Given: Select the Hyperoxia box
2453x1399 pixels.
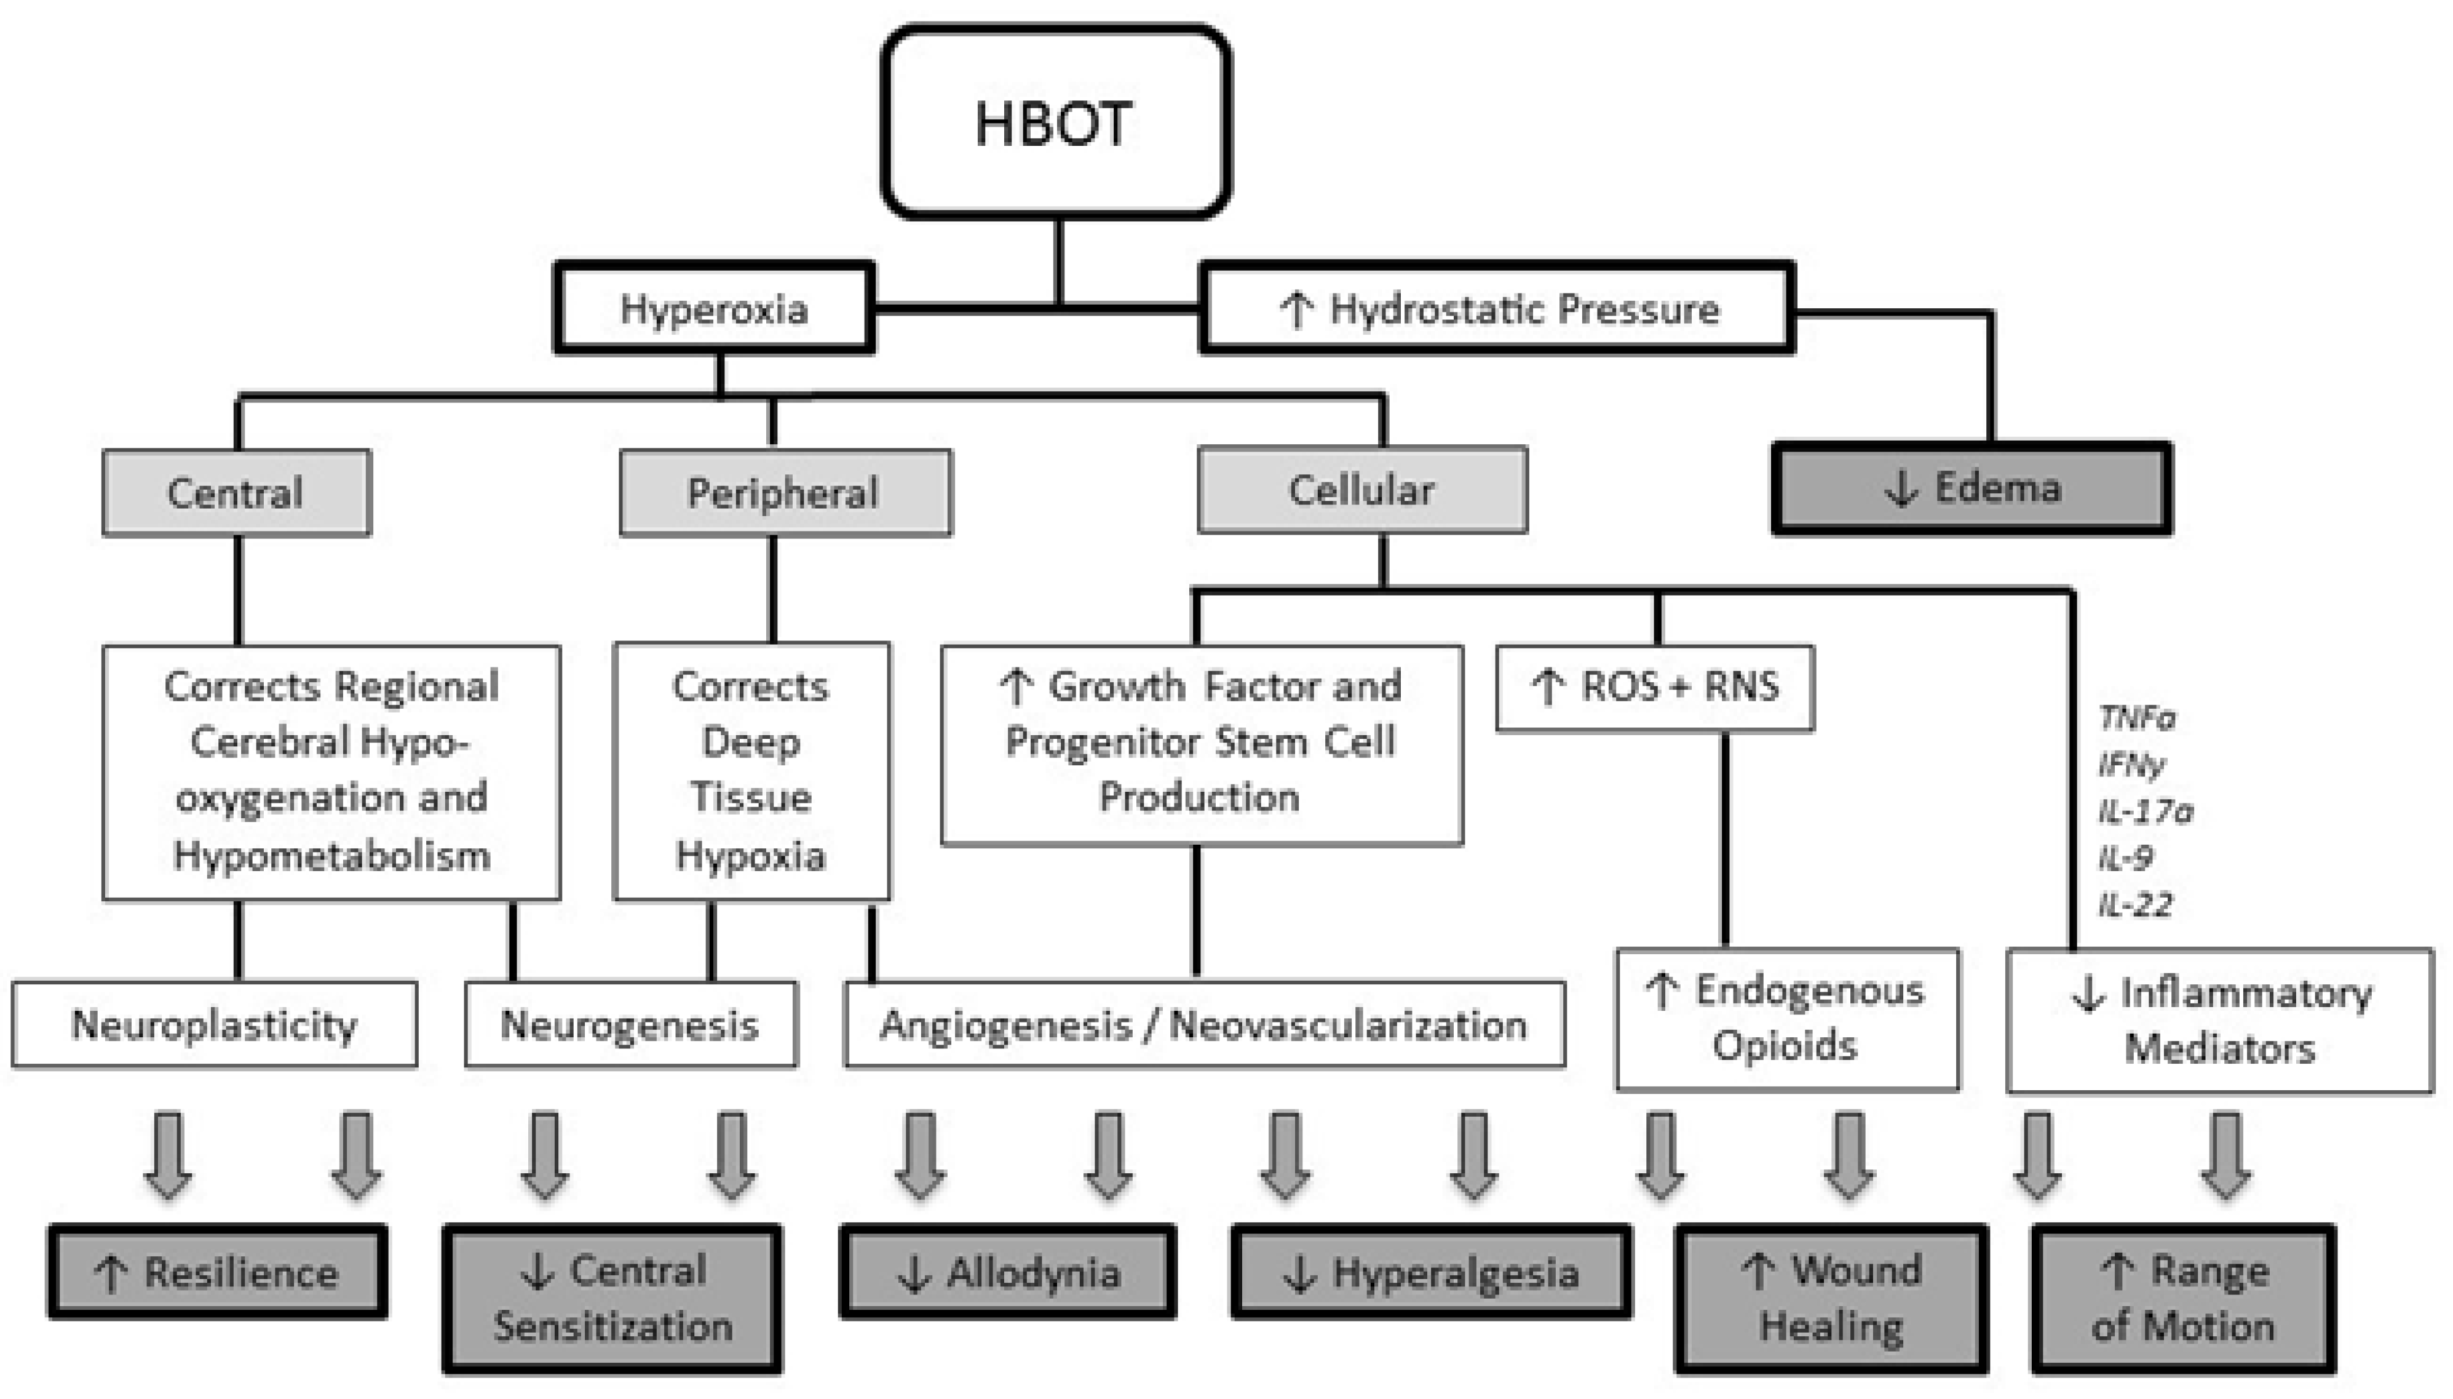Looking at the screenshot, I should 713,308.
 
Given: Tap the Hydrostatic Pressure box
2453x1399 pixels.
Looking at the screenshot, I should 1496,308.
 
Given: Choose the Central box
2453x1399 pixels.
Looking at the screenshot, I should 236,492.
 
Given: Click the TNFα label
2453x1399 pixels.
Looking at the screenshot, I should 2136,718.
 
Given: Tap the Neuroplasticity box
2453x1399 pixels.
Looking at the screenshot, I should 213,1024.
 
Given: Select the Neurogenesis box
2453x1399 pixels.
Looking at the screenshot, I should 630,1024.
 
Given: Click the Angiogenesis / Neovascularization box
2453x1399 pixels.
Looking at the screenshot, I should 1203,1024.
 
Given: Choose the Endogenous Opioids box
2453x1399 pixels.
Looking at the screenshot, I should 1786,1019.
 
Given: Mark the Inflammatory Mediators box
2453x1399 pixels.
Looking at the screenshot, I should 2219,1021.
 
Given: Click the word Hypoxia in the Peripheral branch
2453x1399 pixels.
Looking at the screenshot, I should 750,854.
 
